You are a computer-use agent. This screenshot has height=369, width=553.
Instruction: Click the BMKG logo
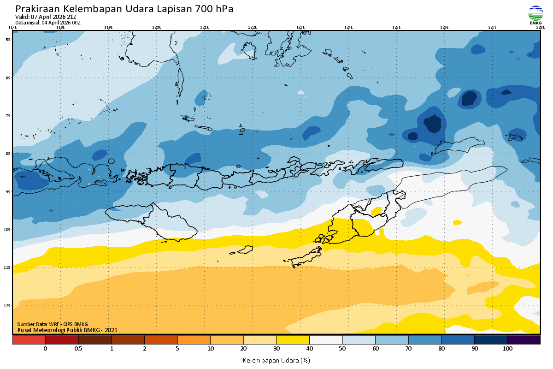535,14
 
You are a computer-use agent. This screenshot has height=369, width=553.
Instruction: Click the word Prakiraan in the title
37,9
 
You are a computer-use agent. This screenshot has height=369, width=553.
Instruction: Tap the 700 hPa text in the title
215,9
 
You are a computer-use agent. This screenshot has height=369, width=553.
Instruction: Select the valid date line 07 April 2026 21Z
46,17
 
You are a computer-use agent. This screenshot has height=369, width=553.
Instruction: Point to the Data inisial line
48,22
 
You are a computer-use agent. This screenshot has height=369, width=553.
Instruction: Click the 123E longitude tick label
300,27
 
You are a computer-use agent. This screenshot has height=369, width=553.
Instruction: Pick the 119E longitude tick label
108,27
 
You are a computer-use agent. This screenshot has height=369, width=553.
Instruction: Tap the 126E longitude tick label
444,27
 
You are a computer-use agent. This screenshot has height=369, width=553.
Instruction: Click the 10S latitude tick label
8,230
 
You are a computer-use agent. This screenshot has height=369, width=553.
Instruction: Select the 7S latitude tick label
8,116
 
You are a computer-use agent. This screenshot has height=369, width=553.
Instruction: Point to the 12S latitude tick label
8,306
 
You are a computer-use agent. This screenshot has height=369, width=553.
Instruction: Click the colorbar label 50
342,349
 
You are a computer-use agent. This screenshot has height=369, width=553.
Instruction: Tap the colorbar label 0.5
78,349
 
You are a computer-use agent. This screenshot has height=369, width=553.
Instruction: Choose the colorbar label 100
507,349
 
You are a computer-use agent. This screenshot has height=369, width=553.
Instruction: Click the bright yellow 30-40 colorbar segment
293,340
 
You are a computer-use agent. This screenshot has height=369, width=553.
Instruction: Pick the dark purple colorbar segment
524,340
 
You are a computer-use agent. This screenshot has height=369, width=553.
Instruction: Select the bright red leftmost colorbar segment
29,340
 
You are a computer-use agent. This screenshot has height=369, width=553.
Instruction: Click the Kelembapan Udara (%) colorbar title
276,360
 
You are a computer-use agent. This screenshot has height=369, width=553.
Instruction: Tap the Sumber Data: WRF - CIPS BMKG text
53,324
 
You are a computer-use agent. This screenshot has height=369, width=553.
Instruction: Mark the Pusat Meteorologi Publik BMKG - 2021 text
67,330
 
